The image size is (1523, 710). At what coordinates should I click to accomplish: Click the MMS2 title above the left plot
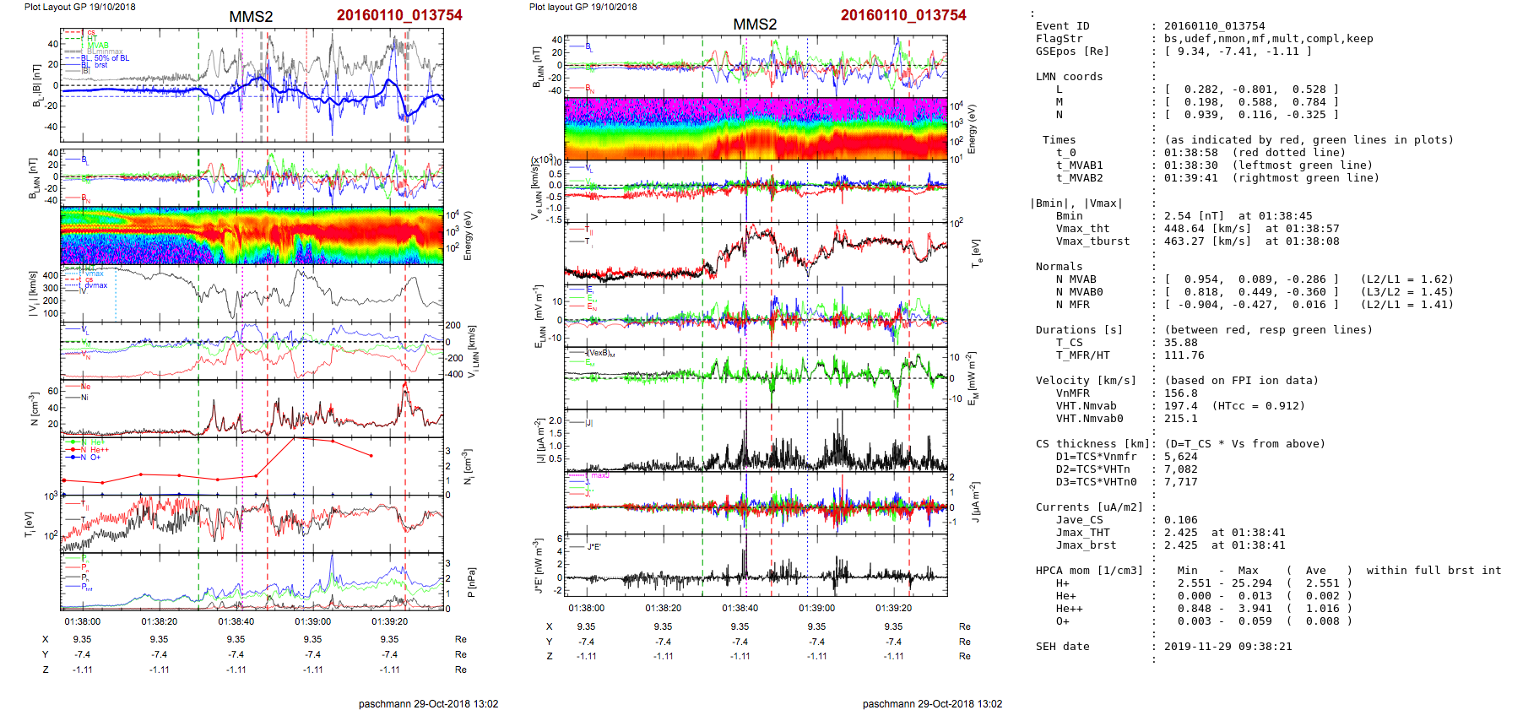(x=251, y=17)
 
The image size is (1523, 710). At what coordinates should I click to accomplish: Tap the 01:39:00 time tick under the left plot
(x=312, y=621)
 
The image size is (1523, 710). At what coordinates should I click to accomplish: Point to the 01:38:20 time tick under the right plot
(x=664, y=608)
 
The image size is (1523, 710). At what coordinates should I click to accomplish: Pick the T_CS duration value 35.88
(x=1180, y=343)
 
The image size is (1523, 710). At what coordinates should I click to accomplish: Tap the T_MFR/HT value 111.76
(x=1184, y=355)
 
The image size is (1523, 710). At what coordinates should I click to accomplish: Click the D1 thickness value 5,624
(x=1180, y=457)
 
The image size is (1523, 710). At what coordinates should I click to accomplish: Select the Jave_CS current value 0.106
(x=1180, y=520)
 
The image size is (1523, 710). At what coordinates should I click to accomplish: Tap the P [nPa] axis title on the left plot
(x=470, y=582)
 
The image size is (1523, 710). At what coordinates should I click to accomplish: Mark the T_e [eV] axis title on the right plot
(x=976, y=252)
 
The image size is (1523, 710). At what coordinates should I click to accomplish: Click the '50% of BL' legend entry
(x=111, y=58)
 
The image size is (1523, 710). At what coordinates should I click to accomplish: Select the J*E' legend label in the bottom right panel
(x=594, y=547)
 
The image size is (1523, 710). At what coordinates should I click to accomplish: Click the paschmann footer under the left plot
(x=428, y=704)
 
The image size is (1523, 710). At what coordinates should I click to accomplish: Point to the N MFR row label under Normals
(x=1072, y=305)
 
